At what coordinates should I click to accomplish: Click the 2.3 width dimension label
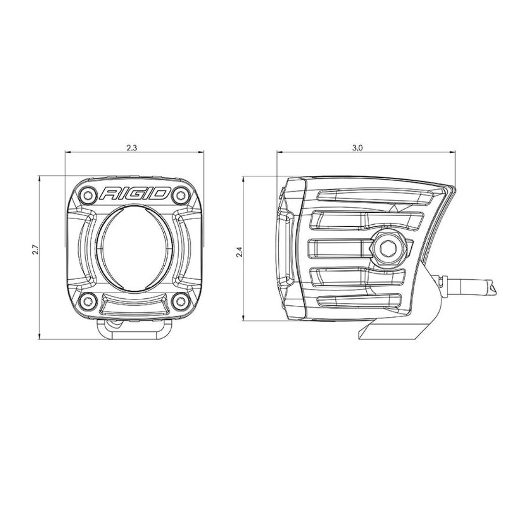[x=132, y=148]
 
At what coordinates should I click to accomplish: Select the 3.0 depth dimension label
[x=357, y=148]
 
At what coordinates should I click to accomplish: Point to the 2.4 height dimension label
[x=240, y=252]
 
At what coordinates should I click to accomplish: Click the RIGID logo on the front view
[x=135, y=194]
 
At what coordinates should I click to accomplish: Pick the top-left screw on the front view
[x=88, y=195]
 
